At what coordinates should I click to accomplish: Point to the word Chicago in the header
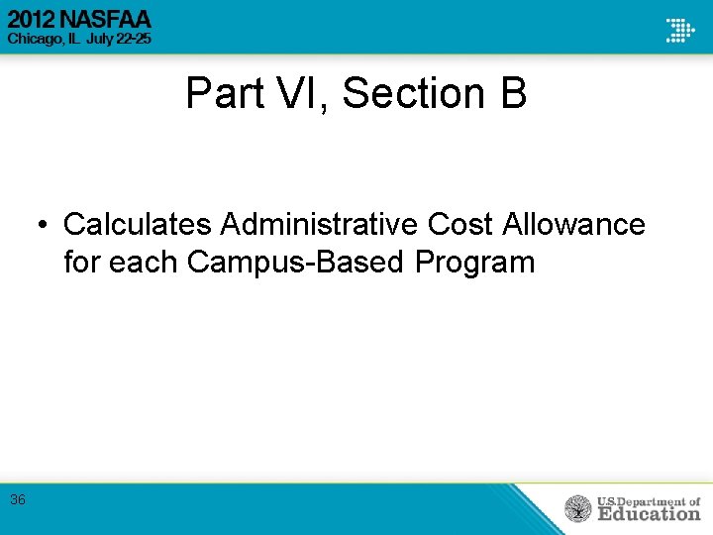pyautogui.click(x=35, y=39)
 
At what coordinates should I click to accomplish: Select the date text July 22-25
pyautogui.click(x=124, y=39)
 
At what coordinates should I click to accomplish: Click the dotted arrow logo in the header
pyautogui.click(x=680, y=29)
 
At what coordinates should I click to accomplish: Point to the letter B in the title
pyautogui.click(x=513, y=94)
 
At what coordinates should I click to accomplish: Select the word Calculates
pyautogui.click(x=138, y=225)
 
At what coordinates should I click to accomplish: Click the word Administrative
pyautogui.click(x=320, y=225)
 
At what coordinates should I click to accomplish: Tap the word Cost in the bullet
pyautogui.click(x=461, y=225)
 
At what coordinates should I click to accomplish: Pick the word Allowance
pyautogui.click(x=574, y=225)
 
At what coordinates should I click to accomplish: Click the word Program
pyautogui.click(x=475, y=263)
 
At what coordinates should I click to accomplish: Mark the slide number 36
pyautogui.click(x=18, y=500)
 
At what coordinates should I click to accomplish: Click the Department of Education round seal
pyautogui.click(x=577, y=509)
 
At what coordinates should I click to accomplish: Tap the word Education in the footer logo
pyautogui.click(x=648, y=514)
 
